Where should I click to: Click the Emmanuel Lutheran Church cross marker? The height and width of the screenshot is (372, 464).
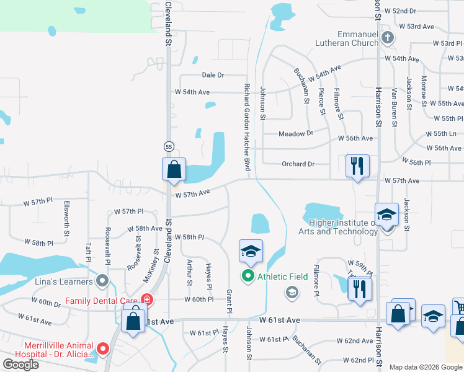(388, 37)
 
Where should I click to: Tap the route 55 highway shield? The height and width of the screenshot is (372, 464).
(169, 146)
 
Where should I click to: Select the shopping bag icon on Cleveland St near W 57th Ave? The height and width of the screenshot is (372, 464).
(174, 169)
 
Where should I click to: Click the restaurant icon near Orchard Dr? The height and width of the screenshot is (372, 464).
(357, 166)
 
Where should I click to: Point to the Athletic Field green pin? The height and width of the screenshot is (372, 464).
(249, 276)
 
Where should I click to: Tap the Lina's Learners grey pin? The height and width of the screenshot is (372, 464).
(103, 282)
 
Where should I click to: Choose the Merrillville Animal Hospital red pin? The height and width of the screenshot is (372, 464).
(103, 349)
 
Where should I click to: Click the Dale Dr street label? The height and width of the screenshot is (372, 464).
(213, 75)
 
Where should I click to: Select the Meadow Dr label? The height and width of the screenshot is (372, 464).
(295, 134)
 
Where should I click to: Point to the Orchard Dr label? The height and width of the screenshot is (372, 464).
(298, 164)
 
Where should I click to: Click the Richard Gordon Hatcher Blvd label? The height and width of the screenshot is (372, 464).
(246, 127)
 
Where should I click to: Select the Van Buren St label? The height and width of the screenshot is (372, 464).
(394, 106)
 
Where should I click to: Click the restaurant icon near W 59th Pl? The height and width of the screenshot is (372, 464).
(359, 289)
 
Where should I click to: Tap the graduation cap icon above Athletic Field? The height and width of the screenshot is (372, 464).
(251, 251)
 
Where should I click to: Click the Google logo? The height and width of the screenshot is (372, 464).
(21, 365)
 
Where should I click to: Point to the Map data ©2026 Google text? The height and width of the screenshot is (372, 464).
(425, 367)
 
